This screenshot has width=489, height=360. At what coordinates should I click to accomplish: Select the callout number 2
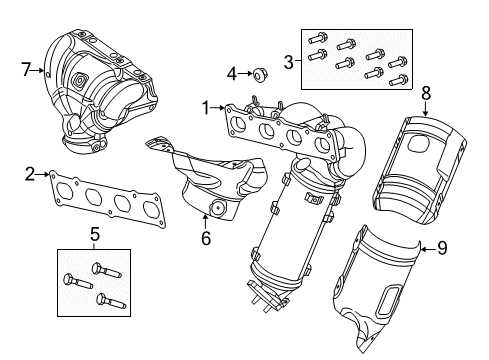click(31, 174)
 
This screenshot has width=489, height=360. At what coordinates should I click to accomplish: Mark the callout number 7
click(27, 70)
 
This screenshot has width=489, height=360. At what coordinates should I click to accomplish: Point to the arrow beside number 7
click(39, 70)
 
